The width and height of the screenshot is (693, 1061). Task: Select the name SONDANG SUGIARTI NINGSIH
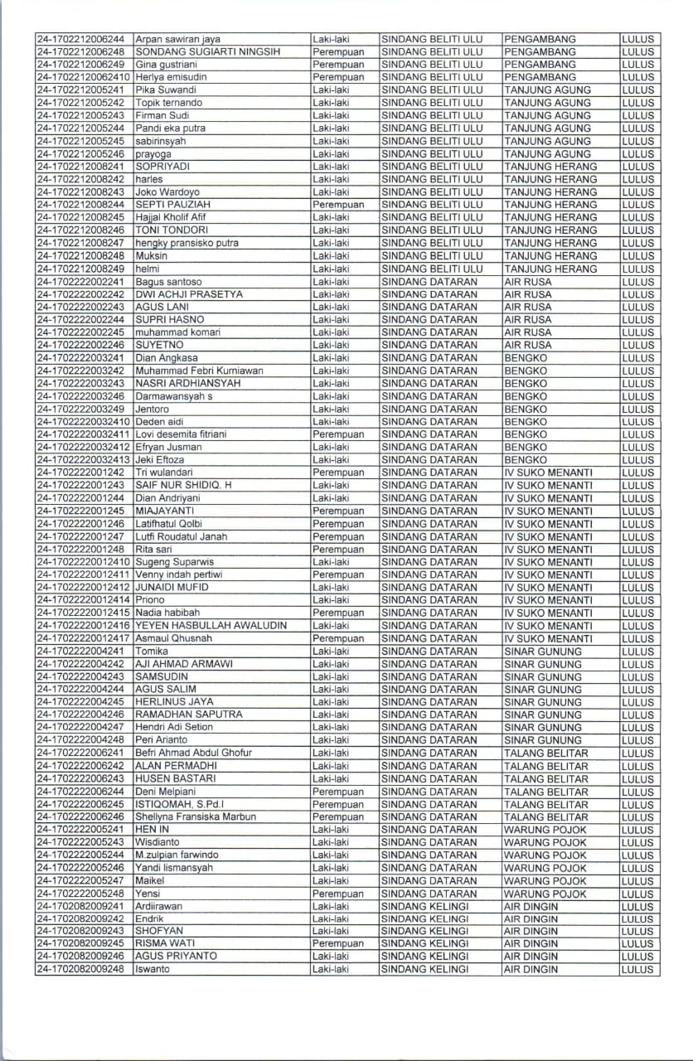tap(208, 51)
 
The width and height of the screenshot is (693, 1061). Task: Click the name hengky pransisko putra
tap(187, 243)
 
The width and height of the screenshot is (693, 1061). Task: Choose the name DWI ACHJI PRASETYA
tap(189, 294)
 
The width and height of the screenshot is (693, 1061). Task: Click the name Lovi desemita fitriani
tap(181, 434)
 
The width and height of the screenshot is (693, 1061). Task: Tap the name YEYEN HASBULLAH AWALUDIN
tap(211, 625)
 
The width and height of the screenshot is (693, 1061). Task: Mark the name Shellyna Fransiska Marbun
tap(196, 816)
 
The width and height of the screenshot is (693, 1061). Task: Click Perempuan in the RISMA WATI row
tap(338, 943)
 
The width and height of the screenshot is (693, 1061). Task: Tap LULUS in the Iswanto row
tap(637, 969)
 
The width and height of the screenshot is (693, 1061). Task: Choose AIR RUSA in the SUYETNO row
tap(527, 345)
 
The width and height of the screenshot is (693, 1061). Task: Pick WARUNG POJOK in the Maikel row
tap(545, 880)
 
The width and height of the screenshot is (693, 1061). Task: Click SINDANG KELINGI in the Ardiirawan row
tap(424, 906)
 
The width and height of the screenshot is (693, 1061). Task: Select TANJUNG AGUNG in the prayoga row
tap(547, 153)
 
